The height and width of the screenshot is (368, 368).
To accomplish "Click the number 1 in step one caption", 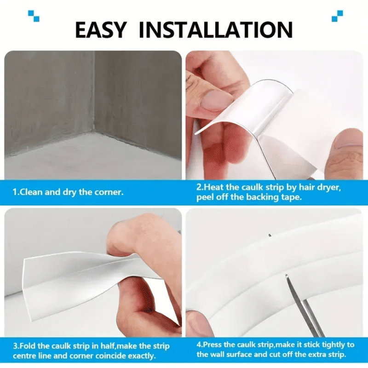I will pyautogui.click(x=15, y=192).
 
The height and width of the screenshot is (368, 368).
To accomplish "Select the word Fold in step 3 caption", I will pyautogui.click(x=29, y=346).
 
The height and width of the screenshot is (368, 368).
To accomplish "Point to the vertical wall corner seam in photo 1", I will pyautogui.click(x=94, y=92).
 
